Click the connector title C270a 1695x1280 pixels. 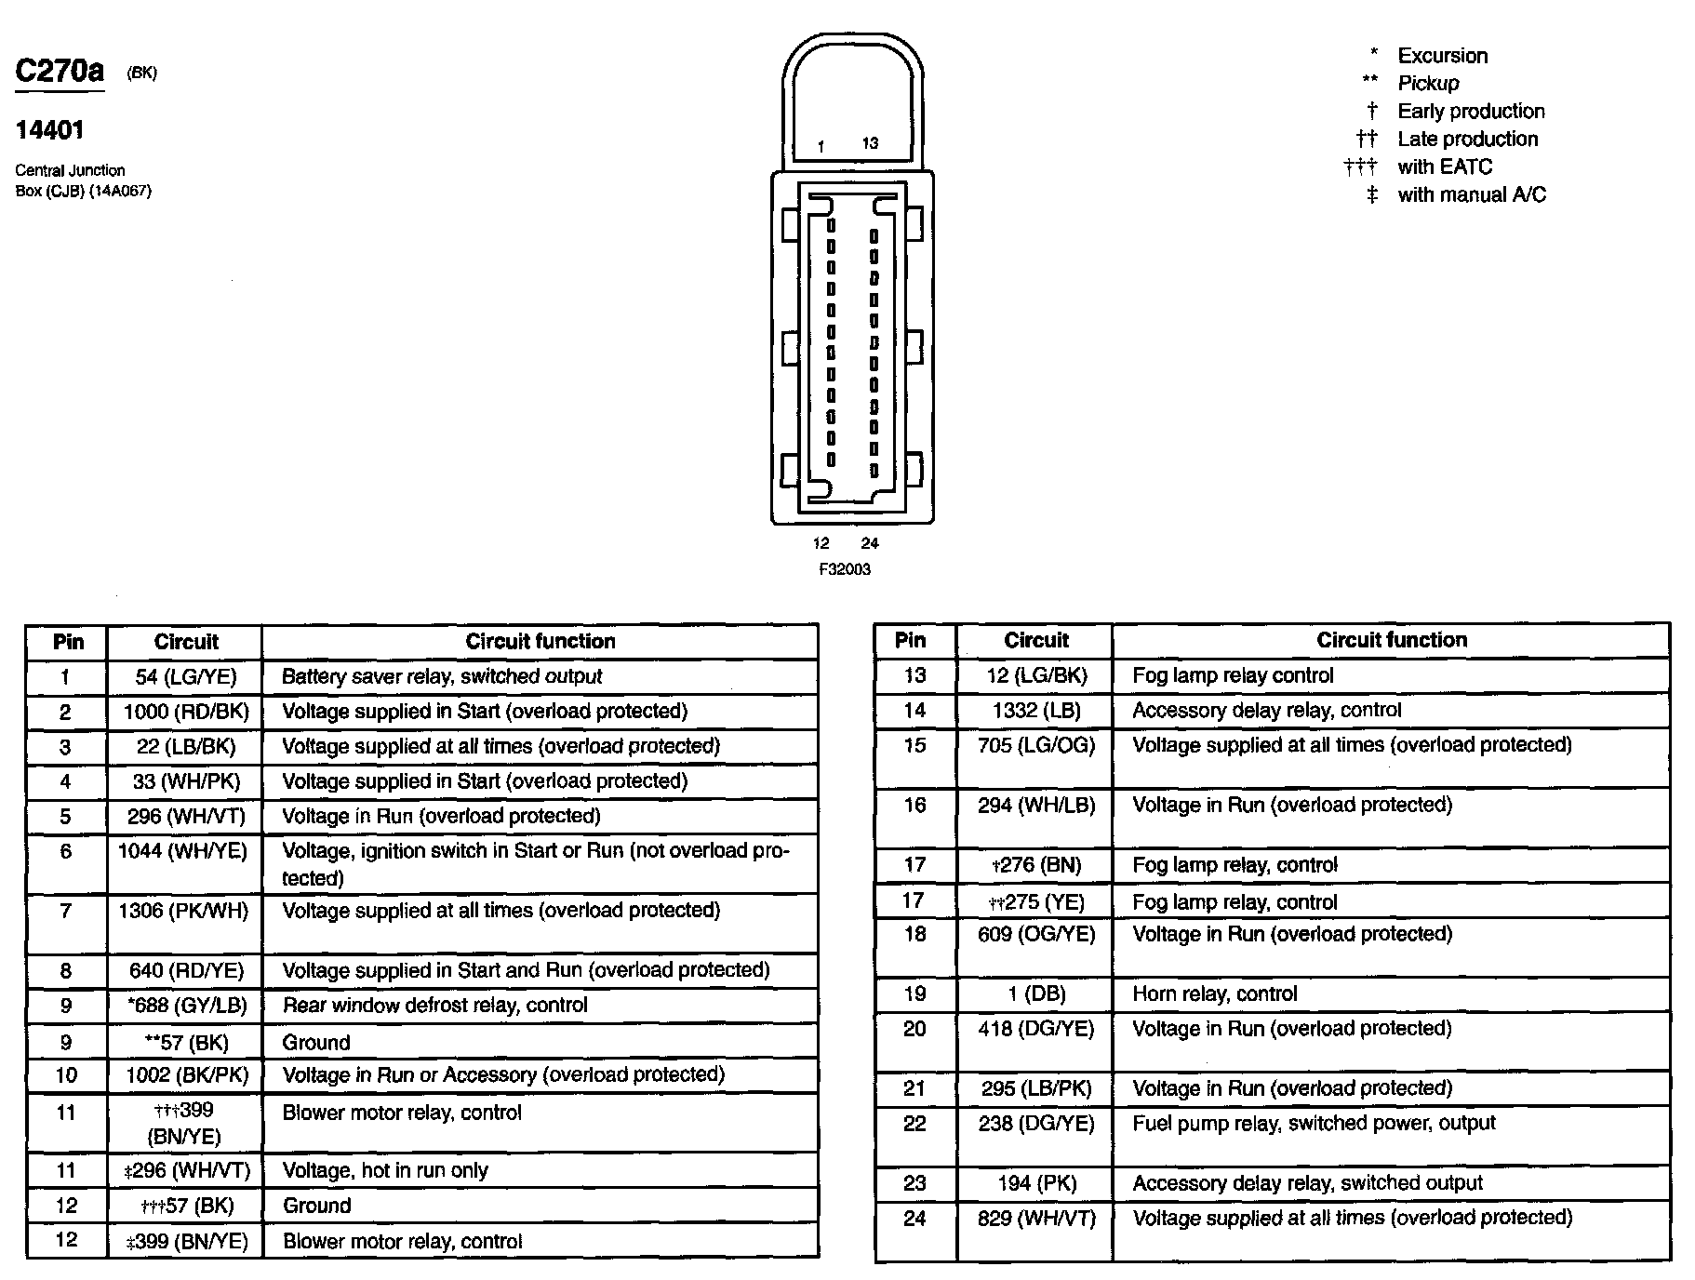[x=60, y=72]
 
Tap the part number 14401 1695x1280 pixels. [x=50, y=130]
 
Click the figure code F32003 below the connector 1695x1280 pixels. [x=845, y=569]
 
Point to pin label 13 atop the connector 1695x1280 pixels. [x=870, y=143]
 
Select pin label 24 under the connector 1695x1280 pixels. [x=870, y=543]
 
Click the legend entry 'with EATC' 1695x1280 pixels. [x=1444, y=167]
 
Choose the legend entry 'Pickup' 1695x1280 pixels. [x=1428, y=84]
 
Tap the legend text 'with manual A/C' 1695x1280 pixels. [x=1471, y=195]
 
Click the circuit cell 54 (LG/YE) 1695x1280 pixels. [x=186, y=677]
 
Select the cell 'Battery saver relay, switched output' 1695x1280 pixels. [x=442, y=677]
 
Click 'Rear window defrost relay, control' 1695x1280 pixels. [x=435, y=1006]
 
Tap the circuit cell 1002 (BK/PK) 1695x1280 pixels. [x=187, y=1075]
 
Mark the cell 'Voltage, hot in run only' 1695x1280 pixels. [x=385, y=1171]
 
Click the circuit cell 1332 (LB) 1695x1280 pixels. [x=1036, y=711]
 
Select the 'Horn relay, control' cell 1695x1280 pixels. [x=1215, y=994]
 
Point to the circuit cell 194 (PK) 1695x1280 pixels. [x=1036, y=1183]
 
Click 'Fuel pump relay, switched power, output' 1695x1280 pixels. [x=1314, y=1124]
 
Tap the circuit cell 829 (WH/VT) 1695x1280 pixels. [x=1036, y=1219]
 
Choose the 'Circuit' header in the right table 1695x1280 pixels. [x=1036, y=640]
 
